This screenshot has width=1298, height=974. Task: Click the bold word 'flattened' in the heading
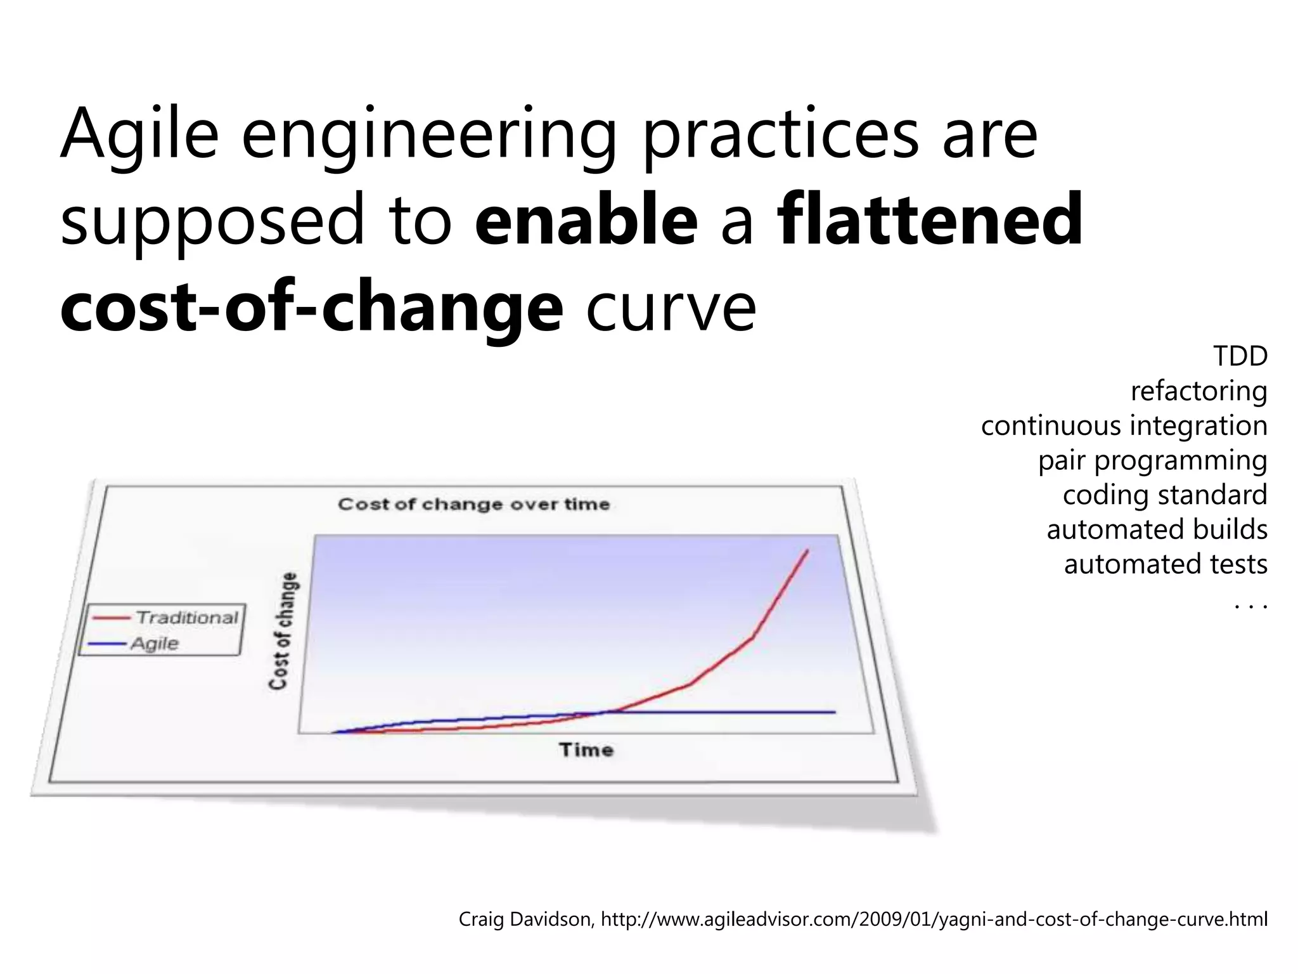[930, 220]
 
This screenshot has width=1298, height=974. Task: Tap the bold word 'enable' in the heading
[586, 220]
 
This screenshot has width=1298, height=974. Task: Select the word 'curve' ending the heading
[671, 307]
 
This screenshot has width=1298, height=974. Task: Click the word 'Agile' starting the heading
[139, 134]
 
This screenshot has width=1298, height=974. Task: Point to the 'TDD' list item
[1240, 356]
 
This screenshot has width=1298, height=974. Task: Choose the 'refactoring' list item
[1198, 391]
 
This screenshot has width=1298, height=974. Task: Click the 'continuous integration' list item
[1124, 425]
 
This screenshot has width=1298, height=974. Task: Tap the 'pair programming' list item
[1152, 460]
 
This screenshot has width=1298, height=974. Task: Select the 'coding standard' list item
[1165, 495]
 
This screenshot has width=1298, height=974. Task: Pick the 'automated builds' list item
[1157, 529]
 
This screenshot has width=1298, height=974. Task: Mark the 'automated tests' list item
[1165, 564]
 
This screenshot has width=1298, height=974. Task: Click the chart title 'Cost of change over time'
[473, 504]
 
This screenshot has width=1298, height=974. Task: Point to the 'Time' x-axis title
[586, 750]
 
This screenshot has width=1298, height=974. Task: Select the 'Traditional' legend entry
[186, 617]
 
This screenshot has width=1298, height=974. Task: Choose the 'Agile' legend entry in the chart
[155, 644]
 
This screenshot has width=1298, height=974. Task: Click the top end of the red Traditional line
[807, 550]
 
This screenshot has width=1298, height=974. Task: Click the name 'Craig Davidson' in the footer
[525, 919]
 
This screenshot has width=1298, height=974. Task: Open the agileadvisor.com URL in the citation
[934, 919]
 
